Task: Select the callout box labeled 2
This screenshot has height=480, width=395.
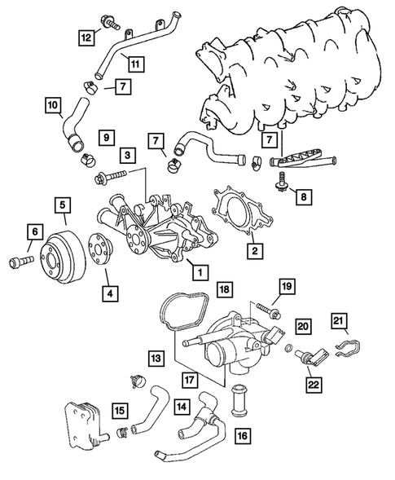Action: (x=254, y=251)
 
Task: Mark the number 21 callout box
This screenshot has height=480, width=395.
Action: (x=340, y=320)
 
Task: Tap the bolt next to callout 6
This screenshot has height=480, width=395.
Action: (x=20, y=262)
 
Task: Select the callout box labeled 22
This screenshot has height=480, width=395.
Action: (x=313, y=384)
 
